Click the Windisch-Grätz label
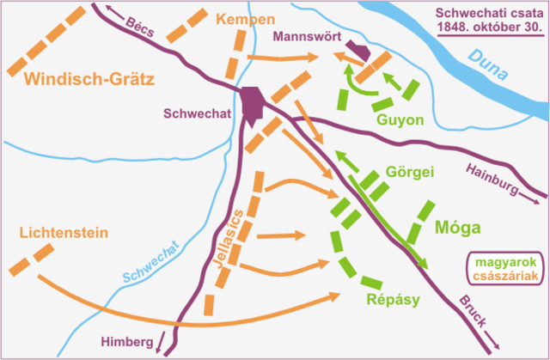coord(89,81)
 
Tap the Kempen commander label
coord(245,19)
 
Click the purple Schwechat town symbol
coord(252,102)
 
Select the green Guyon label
coord(400,120)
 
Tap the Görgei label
coord(411,171)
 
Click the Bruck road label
coord(472,310)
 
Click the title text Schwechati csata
coord(486,14)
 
